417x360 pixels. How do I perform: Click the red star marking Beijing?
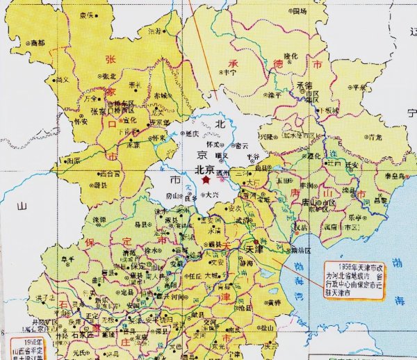206,179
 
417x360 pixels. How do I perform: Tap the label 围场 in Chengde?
299,12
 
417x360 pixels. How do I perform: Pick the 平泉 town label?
359,88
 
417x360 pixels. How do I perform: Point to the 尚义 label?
63,81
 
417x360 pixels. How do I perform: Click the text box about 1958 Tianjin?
355,280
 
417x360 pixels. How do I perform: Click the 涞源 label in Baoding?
97,220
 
